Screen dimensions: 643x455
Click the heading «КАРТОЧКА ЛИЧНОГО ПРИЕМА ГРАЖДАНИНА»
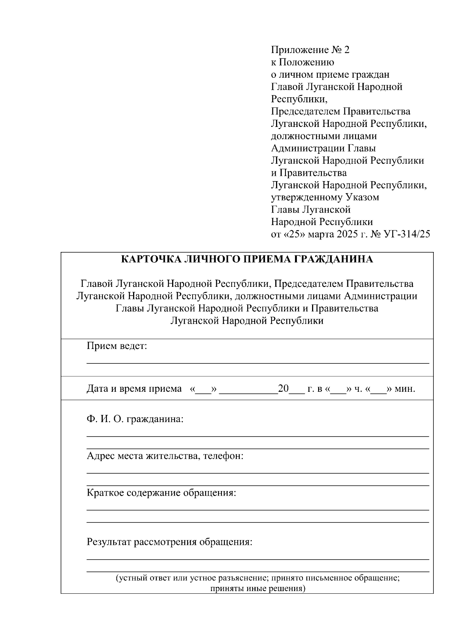(x=247, y=259)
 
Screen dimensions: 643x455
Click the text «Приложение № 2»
(x=310, y=50)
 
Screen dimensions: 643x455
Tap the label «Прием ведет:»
(x=117, y=346)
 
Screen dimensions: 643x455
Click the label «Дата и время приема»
(x=134, y=389)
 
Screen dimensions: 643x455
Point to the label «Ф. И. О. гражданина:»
(x=135, y=419)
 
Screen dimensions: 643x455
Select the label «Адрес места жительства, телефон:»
(x=165, y=456)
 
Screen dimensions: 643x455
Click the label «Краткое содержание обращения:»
(x=162, y=493)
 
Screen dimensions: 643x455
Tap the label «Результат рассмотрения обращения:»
(x=169, y=542)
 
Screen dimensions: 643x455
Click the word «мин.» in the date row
(x=405, y=389)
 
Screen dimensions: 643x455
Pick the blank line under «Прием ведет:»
(x=258, y=363)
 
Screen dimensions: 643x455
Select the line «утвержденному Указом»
(x=325, y=197)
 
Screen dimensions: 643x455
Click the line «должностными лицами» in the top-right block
(x=324, y=136)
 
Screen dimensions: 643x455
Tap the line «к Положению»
(x=302, y=62)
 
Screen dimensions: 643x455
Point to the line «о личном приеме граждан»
(x=330, y=75)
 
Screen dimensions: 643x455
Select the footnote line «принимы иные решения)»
(x=257, y=589)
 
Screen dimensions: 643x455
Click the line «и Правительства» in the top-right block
(x=309, y=173)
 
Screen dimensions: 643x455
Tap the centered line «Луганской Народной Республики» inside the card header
(x=247, y=321)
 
